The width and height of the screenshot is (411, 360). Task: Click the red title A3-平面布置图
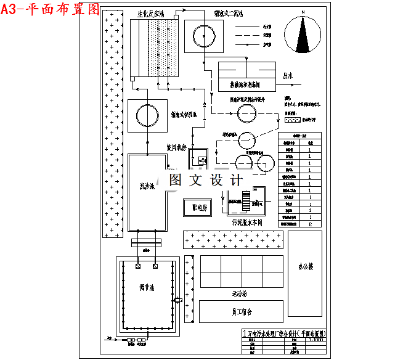(51, 9)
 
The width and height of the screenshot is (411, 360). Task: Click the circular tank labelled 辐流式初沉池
(147, 115)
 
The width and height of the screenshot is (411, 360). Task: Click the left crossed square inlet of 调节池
(137, 266)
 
